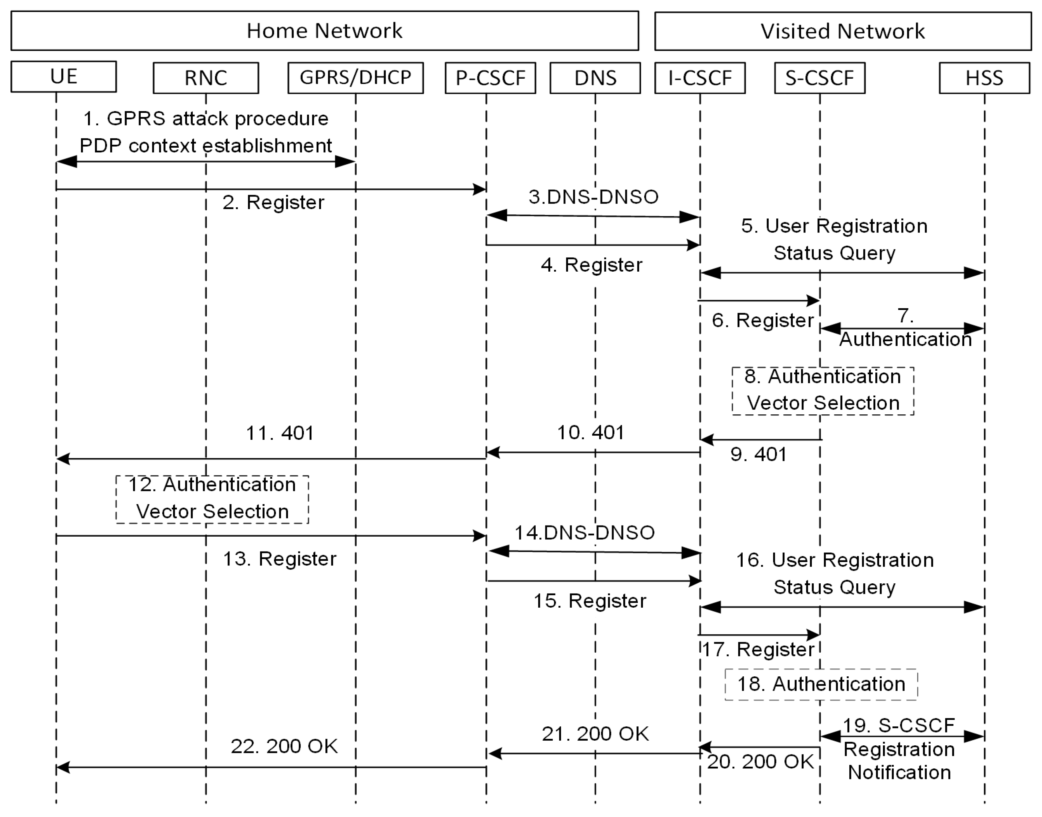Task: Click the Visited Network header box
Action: coord(843,31)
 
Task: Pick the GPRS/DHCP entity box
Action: coord(355,77)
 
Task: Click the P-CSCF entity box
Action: coord(490,77)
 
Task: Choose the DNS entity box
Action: coord(595,77)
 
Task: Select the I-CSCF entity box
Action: coord(700,77)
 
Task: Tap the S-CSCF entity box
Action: coord(820,77)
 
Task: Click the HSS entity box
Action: coord(984,77)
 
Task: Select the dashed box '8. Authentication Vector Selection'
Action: coord(822,390)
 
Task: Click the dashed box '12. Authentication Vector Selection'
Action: coord(212,499)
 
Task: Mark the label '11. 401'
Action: coord(280,433)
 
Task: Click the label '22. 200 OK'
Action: coord(284,746)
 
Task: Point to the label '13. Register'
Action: coord(280,559)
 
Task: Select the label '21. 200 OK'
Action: coord(595,734)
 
